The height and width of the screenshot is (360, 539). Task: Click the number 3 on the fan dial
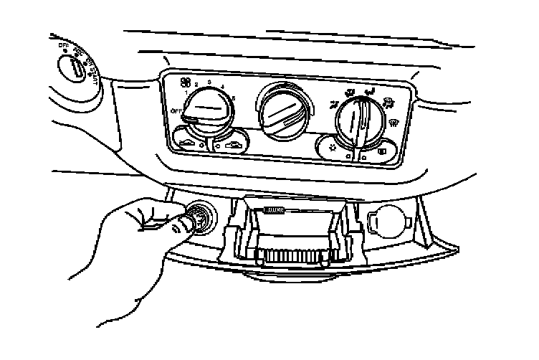coord(209,84)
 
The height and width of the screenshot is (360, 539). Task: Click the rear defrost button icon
coord(381,152)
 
